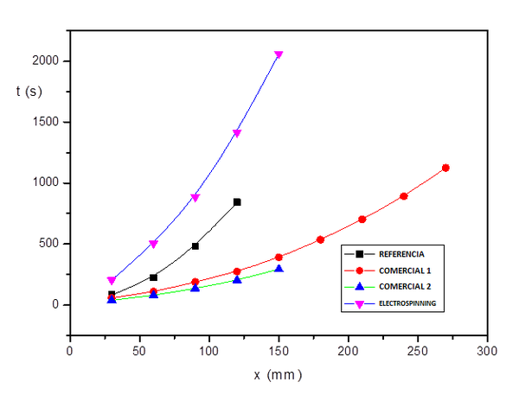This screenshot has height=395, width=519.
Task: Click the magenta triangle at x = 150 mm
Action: [279, 54]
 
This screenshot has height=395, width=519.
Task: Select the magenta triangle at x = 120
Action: [237, 133]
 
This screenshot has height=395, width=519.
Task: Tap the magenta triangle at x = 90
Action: [195, 198]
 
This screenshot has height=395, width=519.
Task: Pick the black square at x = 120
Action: [237, 201]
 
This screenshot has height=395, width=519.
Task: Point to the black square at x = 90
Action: [195, 245]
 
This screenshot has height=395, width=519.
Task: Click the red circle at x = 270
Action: [445, 168]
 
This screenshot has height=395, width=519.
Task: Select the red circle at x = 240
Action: [404, 196]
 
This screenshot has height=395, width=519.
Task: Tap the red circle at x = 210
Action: [362, 219]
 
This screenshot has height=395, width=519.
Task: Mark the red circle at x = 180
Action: [320, 239]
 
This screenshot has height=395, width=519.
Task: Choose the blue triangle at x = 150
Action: [279, 269]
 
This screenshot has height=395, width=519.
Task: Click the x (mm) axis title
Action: [279, 375]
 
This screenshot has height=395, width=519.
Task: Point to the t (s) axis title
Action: [29, 90]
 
